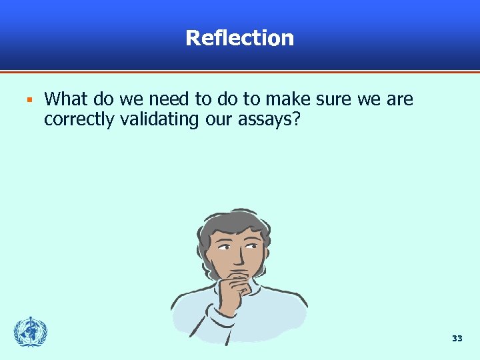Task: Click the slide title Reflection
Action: pyautogui.click(x=239, y=37)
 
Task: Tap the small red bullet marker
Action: pyautogui.click(x=29, y=101)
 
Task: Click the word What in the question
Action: pyautogui.click(x=65, y=100)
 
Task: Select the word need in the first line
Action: pyautogui.click(x=170, y=100)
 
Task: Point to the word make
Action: pyautogui.click(x=287, y=100)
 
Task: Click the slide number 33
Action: pyautogui.click(x=457, y=339)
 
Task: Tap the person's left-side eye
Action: pyautogui.click(x=225, y=247)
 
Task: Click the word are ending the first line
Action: pyautogui.click(x=399, y=100)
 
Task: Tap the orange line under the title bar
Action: pyautogui.click(x=240, y=71)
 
